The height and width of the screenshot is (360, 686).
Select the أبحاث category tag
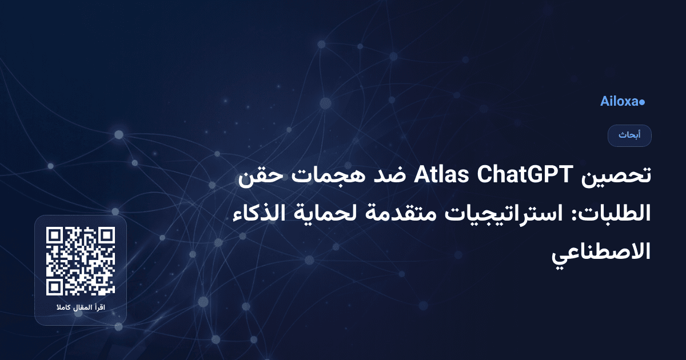pyautogui.click(x=629, y=135)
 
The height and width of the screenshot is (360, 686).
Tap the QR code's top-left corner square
pyautogui.click(x=54, y=235)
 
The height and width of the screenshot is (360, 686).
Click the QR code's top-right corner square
pyautogui.click(x=107, y=235)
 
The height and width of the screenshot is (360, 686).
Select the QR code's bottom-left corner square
pyautogui.click(x=54, y=287)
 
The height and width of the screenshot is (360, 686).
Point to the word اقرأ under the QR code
pyautogui.click(x=103, y=309)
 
